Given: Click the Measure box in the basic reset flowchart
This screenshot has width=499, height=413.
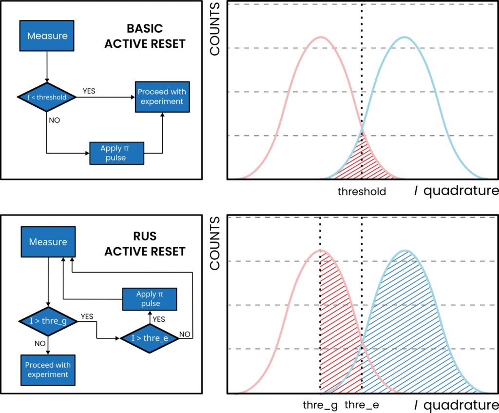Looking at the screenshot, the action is [x=47, y=36].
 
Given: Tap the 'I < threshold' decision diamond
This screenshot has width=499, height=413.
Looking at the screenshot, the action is [x=47, y=97].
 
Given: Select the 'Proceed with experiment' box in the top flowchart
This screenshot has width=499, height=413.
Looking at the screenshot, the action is [x=162, y=97].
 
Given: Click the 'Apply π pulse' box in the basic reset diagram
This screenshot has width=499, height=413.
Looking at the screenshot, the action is [x=117, y=153].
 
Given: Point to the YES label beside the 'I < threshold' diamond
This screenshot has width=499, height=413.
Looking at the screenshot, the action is [x=89, y=91].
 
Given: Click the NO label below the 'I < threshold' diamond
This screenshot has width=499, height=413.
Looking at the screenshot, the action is [x=55, y=120].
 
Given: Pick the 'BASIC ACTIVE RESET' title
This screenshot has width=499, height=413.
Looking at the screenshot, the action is [x=145, y=36].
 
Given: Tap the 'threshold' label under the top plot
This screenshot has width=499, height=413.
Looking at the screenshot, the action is [x=362, y=191].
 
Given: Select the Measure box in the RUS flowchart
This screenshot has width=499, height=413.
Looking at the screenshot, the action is [x=48, y=242].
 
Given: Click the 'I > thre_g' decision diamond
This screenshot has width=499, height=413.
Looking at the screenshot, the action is [x=48, y=321].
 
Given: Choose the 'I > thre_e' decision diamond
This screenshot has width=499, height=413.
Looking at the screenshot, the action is [x=150, y=338].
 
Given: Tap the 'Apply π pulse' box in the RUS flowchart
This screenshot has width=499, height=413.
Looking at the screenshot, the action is [x=150, y=299].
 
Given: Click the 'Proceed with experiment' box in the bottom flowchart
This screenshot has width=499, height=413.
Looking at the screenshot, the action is [x=48, y=370].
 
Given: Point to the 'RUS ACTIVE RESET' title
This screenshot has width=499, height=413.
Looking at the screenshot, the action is [x=145, y=244].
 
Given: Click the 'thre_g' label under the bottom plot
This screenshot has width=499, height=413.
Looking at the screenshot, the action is [x=320, y=405].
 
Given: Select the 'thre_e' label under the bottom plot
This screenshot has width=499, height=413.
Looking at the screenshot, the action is [x=362, y=405].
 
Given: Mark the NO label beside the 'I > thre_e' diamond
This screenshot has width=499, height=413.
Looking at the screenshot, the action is [x=185, y=334].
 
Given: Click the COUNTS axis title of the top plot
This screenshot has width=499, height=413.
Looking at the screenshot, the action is [x=215, y=29].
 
